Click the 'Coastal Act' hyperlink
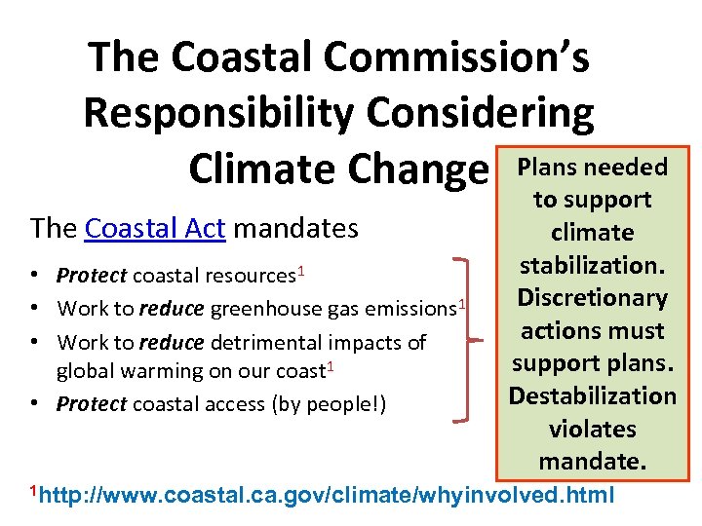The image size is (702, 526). pos(155,229)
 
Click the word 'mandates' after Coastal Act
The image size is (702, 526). pos(296,229)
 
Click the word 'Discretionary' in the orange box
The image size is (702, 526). pos(592,298)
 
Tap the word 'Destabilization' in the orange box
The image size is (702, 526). pos(592,396)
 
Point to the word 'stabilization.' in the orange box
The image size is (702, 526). pos(592,265)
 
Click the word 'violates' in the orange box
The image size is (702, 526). pos(592,430)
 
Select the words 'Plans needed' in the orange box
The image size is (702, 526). pos(592,167)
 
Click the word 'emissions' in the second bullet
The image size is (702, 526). pos(409,310)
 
